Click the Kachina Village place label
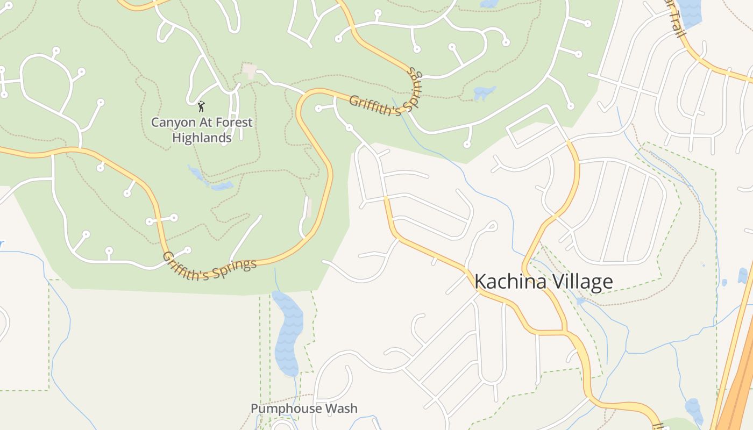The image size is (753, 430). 543,282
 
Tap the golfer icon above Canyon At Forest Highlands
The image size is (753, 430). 202,106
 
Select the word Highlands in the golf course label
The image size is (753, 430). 202,138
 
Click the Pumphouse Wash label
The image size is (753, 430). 304,408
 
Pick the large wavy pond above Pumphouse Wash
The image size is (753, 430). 288,333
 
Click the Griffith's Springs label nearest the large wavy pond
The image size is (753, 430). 210,263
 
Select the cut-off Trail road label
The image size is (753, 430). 677,19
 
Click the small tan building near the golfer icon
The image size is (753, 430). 249,70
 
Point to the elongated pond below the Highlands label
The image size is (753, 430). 210,180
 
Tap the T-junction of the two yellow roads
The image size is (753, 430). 564,331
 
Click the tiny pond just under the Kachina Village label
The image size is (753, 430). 580,300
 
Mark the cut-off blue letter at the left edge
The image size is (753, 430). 2,243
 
